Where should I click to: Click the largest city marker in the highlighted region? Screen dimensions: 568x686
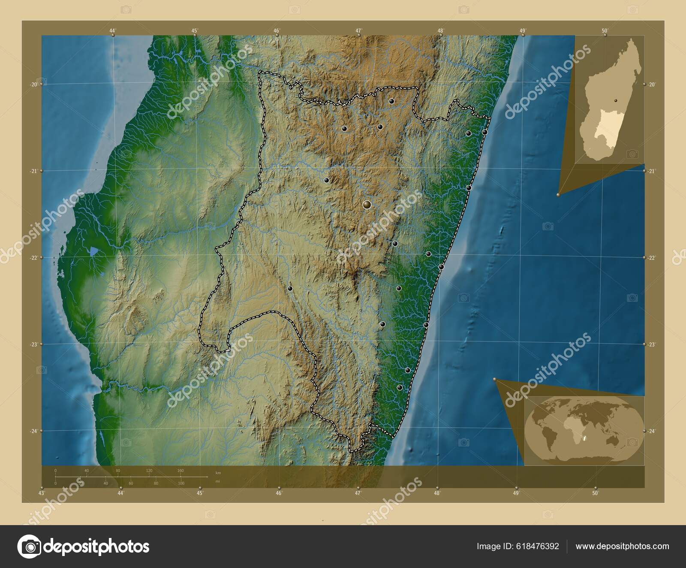367,205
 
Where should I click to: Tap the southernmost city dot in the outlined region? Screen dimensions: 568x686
400,387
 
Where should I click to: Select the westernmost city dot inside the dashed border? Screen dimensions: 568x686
290,288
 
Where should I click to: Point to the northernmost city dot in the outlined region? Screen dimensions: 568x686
391,101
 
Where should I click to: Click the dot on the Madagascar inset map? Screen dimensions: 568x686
616,100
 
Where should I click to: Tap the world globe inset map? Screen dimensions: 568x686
584,430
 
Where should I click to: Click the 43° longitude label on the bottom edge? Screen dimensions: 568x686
42,493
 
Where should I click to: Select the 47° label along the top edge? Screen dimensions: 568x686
358,30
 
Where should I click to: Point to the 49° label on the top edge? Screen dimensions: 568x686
523,30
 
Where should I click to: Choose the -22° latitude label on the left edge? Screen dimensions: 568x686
33,257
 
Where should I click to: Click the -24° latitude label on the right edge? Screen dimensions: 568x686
652,431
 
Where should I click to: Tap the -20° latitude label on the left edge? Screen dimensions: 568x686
33,85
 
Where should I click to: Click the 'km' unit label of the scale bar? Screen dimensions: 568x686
218,473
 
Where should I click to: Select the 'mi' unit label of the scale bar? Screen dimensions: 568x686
218,481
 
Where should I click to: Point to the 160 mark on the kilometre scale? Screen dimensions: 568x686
181,471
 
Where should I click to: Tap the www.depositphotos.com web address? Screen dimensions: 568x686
622,546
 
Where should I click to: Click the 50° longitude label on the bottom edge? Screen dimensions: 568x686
595,493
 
